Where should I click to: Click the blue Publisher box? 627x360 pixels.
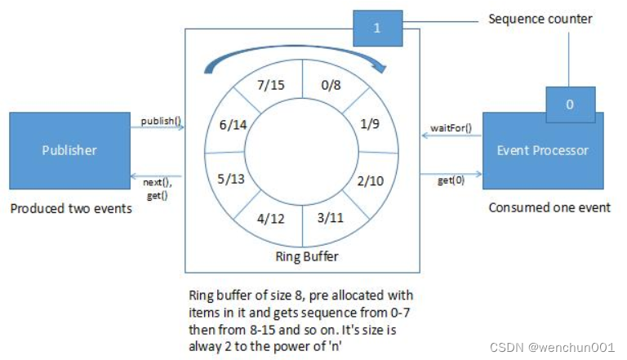point(69,150)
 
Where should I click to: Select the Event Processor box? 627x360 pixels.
point(543,151)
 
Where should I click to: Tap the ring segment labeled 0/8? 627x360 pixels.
point(333,82)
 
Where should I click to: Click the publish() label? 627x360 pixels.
point(160,121)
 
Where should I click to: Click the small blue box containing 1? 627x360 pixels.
point(376,28)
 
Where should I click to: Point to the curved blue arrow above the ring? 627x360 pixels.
point(302,51)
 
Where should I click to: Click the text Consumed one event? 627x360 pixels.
point(549,207)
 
